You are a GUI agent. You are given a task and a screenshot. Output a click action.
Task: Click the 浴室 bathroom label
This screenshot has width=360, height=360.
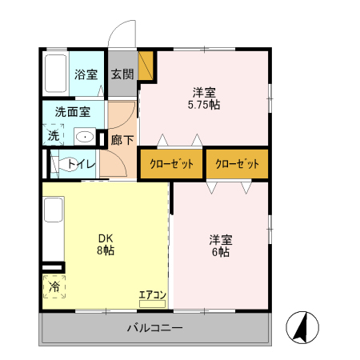pyautogui.click(x=86, y=75)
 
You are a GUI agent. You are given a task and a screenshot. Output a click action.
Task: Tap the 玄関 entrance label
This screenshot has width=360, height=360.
pyautogui.click(x=122, y=75)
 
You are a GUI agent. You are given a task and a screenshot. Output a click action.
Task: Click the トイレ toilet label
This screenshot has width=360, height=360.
pyautogui.click(x=82, y=165)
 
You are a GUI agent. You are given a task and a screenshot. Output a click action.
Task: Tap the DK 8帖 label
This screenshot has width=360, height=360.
pyautogui.click(x=106, y=244)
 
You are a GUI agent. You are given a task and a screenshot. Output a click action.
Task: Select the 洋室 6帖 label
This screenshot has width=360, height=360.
pyautogui.click(x=220, y=246)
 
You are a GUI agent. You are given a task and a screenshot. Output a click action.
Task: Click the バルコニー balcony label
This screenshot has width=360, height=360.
pyautogui.click(x=155, y=328)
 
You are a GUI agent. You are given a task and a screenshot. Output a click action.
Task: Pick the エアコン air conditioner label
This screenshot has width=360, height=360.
pyautogui.click(x=152, y=296)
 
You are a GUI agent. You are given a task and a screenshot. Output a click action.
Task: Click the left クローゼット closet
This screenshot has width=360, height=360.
pyautogui.click(x=172, y=164)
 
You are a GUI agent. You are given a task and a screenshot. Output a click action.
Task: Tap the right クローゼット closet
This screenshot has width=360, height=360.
pyautogui.click(x=238, y=164)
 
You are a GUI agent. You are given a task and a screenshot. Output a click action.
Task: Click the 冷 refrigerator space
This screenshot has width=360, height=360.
pyautogui.click(x=54, y=287)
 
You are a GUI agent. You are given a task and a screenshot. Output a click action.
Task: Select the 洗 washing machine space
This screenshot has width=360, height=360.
pyautogui.click(x=54, y=135)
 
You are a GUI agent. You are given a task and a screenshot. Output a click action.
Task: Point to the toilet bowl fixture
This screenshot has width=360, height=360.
pyautogui.click(x=60, y=165)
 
